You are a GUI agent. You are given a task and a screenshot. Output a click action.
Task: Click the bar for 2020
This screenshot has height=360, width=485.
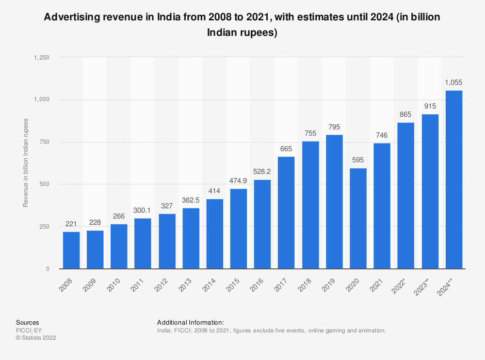pyautogui.click(x=358, y=219)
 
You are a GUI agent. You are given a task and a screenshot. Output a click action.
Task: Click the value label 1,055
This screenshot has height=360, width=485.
pyautogui.click(x=453, y=83)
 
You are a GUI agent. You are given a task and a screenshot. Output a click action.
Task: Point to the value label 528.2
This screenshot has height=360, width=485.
pyautogui.click(x=262, y=172)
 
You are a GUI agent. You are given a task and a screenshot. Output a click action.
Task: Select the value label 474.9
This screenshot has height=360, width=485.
pyautogui.click(x=239, y=181)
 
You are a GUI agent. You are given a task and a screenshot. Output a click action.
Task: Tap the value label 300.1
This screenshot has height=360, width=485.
pyautogui.click(x=143, y=211)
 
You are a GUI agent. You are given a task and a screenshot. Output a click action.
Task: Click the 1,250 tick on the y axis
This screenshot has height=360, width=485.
pyautogui.click(x=41, y=57)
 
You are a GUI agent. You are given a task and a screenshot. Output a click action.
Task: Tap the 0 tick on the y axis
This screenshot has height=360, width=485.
pyautogui.click(x=48, y=269)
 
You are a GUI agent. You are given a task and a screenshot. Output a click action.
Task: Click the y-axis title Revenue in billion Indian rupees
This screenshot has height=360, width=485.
pyautogui.click(x=26, y=163)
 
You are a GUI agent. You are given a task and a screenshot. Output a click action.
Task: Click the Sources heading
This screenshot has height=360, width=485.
pyautogui.click(x=28, y=322)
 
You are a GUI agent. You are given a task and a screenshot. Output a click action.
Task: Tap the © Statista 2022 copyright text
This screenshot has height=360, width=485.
pyautogui.click(x=36, y=338)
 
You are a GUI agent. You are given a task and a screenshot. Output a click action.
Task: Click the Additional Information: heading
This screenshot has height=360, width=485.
pyautogui.click(x=191, y=322)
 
